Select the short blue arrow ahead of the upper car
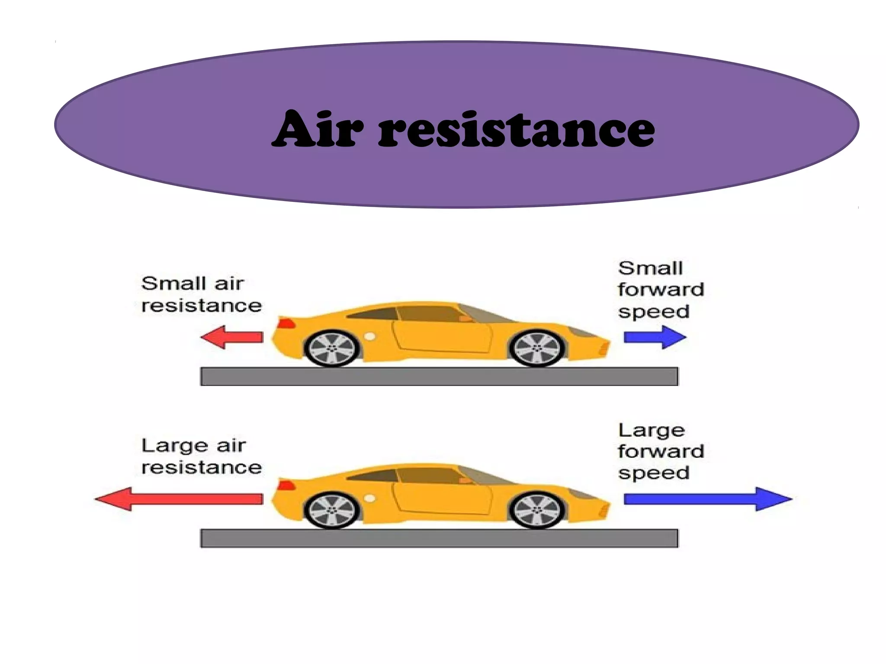click(655, 337)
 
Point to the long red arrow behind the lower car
click(178, 499)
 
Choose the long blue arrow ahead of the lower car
click(707, 499)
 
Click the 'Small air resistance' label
click(201, 294)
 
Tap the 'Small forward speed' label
click(661, 289)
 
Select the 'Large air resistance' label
click(201, 456)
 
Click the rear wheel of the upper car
click(332, 348)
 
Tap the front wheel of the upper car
click(537, 348)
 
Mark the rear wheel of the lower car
click(332, 510)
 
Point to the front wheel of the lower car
click(537, 510)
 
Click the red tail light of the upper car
click(286, 324)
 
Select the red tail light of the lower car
click(286, 485)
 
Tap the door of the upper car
click(441, 335)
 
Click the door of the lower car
click(441, 497)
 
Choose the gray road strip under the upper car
click(439, 377)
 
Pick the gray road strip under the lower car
click(439, 538)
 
